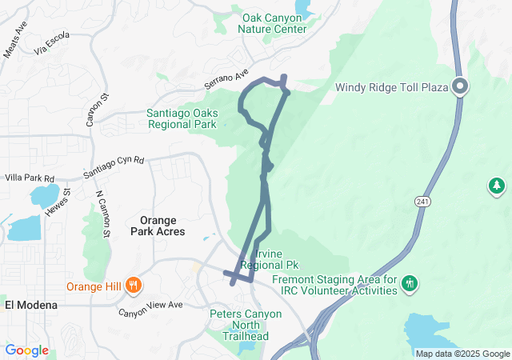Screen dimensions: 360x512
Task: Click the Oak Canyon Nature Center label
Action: (x=273, y=22)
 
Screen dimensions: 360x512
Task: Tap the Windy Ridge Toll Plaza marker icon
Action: (x=460, y=86)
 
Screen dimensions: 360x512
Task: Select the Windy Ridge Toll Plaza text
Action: (x=392, y=88)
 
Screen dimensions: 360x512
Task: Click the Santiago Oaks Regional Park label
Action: (x=182, y=118)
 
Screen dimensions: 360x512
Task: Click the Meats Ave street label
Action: (x=14, y=40)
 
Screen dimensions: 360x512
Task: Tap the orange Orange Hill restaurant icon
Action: (x=134, y=284)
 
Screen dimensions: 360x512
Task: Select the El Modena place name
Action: (x=30, y=305)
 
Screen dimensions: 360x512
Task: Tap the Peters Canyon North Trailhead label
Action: (x=246, y=320)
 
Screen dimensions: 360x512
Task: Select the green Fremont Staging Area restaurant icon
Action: (x=410, y=282)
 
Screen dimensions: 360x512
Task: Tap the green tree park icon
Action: (x=497, y=186)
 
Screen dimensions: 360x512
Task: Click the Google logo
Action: (x=26, y=350)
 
